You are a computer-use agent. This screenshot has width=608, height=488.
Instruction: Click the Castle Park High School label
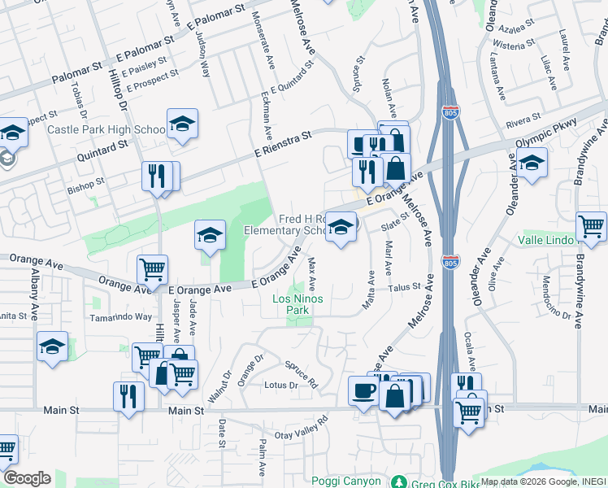pos(106,129)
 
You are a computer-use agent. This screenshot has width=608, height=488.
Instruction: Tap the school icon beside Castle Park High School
pos(182,124)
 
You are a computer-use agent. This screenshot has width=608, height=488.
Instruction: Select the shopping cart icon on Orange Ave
pos(152,268)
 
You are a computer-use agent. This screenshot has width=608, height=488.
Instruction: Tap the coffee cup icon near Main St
pos(363,391)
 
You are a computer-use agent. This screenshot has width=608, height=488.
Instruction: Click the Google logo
pos(27,478)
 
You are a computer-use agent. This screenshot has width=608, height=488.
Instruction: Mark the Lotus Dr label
pos(281,385)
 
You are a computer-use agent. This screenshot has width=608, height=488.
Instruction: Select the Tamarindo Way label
pos(121,317)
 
